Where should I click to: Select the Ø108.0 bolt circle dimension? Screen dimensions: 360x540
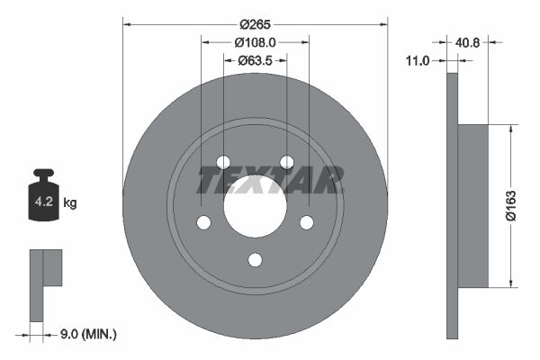click(255, 41)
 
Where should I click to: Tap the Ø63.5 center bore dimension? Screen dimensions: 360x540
click(256, 60)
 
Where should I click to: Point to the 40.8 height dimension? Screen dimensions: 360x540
click(468, 41)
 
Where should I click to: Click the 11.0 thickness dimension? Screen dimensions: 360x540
click(418, 60)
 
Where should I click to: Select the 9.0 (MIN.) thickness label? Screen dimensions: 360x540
click(86, 334)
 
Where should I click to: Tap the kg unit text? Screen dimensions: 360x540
click(70, 203)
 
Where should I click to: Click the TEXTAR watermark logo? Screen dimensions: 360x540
click(270, 181)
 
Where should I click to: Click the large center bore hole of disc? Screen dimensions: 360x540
click(255, 206)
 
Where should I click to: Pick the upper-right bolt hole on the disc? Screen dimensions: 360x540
click(286, 162)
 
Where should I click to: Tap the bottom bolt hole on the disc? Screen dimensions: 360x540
click(255, 260)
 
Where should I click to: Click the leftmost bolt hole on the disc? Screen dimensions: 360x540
click(203, 222)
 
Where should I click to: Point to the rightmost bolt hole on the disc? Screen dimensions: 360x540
click(306, 222)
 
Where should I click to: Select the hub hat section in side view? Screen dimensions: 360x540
click(473, 206)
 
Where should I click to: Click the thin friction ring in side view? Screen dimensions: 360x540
click(452, 206)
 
